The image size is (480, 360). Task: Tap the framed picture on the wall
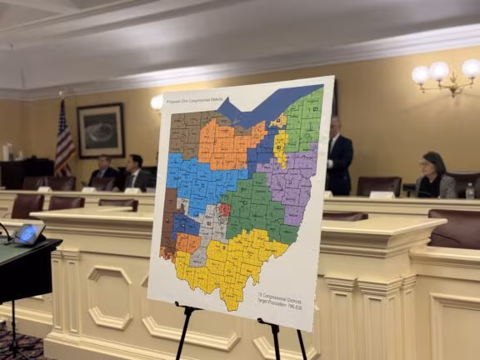coord(101,130)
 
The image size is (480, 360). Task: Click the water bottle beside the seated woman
coord(470,191)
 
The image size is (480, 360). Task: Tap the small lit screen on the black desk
coord(28,232)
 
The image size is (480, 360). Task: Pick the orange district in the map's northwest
coord(225,142)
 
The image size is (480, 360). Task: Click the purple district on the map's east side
coord(292,179)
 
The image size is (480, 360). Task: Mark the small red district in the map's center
coord(223,210)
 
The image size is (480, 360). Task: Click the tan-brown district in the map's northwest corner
coord(184,134)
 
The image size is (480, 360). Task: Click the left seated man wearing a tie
coord(102,171)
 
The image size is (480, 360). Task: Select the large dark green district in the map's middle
coord(254,209)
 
